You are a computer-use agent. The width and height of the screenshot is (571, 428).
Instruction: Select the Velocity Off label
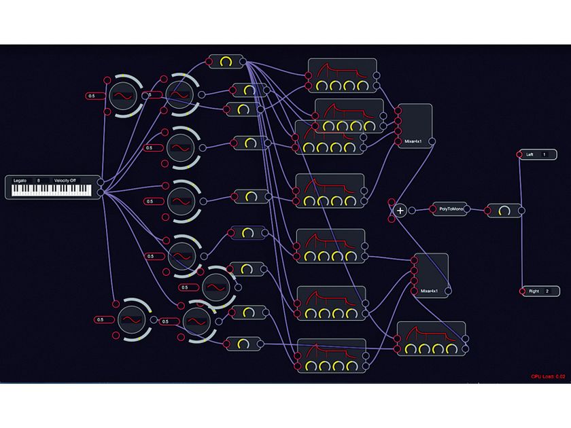point(65,181)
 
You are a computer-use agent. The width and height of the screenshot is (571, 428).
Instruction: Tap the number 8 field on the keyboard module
point(39,181)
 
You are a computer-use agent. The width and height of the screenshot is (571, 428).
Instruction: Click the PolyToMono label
point(451,210)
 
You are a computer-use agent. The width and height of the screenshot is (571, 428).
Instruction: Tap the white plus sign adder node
point(400,211)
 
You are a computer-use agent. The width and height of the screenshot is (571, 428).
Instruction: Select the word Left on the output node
point(530,155)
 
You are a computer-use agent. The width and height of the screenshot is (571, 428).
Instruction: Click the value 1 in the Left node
point(544,155)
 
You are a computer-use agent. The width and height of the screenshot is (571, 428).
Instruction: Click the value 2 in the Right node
point(547,291)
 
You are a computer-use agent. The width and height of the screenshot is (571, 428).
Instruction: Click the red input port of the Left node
point(520,155)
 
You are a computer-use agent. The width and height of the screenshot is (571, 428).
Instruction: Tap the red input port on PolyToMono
point(432,210)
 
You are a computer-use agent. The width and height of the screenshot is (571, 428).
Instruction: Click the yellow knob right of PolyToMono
point(503,211)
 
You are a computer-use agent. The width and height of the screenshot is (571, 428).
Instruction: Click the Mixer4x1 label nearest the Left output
point(412,142)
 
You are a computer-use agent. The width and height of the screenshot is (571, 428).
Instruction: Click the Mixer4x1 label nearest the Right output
point(428,291)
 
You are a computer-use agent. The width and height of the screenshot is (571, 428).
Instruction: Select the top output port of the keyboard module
point(101,181)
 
